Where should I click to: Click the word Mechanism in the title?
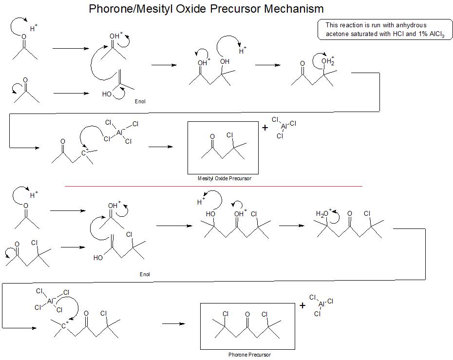click(x=294, y=9)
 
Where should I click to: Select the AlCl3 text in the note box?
click(x=437, y=34)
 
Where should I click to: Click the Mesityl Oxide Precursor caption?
click(x=224, y=178)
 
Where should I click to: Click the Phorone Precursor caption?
click(x=249, y=355)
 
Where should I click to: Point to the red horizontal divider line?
click(x=213, y=187)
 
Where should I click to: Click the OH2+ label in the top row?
click(x=328, y=61)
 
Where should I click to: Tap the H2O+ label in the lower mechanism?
click(x=323, y=213)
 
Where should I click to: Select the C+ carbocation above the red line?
click(x=84, y=152)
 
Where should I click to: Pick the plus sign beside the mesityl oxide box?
click(x=265, y=128)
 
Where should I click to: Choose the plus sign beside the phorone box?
click(x=302, y=305)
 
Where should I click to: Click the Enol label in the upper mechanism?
click(x=140, y=101)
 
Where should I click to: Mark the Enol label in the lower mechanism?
click(x=145, y=274)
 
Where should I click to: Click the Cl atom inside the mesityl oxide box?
click(x=230, y=135)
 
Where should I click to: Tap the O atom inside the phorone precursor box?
click(x=247, y=314)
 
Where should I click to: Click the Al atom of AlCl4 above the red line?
click(x=119, y=133)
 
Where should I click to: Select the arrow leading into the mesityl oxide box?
click(x=161, y=147)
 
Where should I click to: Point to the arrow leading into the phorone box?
click(x=173, y=323)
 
